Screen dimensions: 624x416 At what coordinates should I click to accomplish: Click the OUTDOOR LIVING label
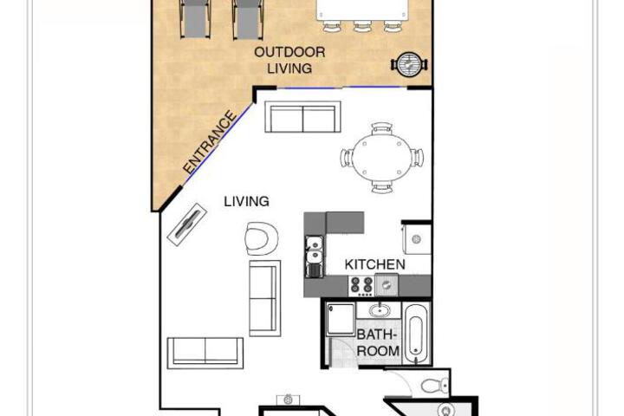tap(289, 60)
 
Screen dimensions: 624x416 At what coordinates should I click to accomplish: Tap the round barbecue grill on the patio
tap(409, 63)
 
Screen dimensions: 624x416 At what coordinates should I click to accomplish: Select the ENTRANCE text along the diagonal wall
tap(210, 142)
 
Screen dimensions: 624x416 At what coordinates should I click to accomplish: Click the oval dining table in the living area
tap(381, 159)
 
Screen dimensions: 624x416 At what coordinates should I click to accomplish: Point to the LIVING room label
tap(246, 201)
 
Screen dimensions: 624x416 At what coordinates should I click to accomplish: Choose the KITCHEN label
tap(375, 264)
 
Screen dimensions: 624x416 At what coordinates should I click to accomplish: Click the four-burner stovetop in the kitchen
tap(361, 286)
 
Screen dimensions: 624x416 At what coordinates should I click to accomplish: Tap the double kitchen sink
tap(315, 250)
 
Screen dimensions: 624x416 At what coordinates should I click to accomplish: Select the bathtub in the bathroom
tap(416, 335)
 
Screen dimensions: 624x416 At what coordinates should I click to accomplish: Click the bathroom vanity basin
tap(380, 309)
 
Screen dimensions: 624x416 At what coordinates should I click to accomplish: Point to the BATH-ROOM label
tap(377, 342)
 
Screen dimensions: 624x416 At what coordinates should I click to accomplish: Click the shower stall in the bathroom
tap(341, 319)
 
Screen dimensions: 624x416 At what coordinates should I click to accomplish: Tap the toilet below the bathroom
tap(434, 386)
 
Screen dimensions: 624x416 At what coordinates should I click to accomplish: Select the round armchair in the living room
tap(261, 238)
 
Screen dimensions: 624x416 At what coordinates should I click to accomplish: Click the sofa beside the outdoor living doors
tap(302, 117)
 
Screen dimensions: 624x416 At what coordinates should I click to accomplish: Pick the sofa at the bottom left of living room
tap(205, 353)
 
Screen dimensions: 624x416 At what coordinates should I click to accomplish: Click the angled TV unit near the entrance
tap(186, 224)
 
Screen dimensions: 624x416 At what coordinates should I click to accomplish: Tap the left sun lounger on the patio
tap(195, 19)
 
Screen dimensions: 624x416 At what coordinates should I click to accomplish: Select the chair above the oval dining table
tap(382, 128)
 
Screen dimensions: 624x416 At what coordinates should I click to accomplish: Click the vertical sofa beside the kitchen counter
tap(265, 298)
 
